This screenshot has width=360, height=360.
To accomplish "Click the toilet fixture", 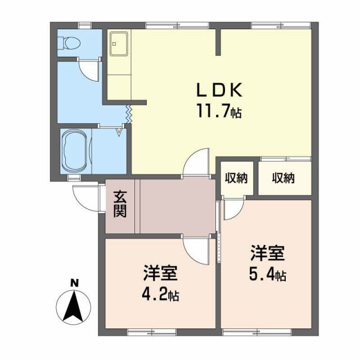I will tap(71, 43).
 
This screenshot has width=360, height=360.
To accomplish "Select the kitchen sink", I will tap(119, 44).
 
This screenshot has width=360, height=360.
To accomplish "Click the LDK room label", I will tap(219, 90).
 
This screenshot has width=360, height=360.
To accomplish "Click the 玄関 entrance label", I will tap(120, 205).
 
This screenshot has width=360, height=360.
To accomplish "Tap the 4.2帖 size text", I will tap(160, 295).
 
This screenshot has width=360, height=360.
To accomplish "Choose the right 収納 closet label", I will tap(283, 178).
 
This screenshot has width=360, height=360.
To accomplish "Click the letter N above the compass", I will tap(74, 283).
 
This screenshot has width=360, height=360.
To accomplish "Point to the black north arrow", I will tap(74, 308).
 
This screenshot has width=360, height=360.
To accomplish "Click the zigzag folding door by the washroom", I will tap(129, 113).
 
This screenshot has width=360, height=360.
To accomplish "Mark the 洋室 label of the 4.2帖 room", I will tap(160, 274).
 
